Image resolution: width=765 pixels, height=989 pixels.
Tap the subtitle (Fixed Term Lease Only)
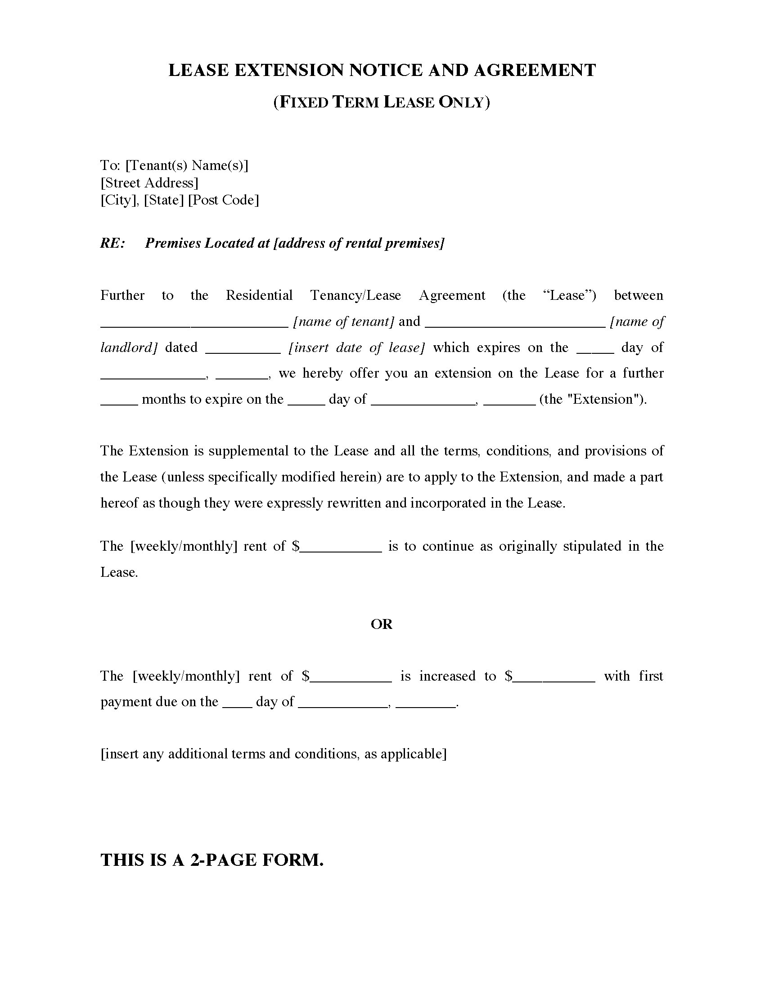tap(382, 102)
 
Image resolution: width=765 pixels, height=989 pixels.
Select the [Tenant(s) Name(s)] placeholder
tap(187, 165)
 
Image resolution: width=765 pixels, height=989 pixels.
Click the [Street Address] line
tap(149, 183)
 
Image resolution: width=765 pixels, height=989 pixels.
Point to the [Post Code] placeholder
tap(224, 200)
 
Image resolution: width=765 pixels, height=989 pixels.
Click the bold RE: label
tap(112, 243)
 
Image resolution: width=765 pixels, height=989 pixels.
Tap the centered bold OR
tap(382, 624)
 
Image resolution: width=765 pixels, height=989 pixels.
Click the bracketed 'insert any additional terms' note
tap(273, 754)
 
